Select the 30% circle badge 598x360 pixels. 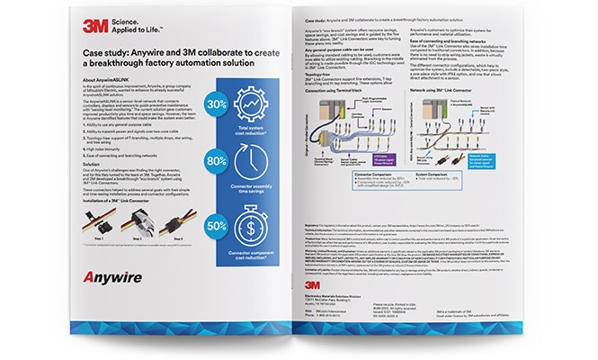coord(216,104)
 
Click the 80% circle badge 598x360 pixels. coord(216,162)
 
